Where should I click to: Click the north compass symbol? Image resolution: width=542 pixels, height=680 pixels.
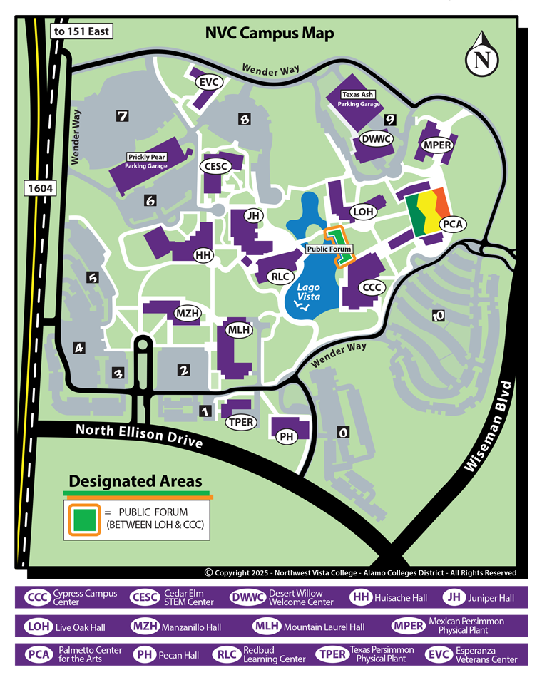pos(482,57)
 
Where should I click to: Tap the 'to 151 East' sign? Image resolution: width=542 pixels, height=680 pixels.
pos(81,31)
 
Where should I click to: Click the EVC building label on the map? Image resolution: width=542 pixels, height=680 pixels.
pos(209,83)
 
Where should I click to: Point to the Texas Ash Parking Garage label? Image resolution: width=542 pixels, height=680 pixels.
pos(359,99)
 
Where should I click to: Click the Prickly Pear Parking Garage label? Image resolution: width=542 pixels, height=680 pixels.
pos(146,161)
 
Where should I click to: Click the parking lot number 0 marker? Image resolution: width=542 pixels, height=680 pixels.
pos(343,432)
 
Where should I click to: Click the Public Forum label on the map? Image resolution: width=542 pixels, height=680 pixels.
pos(329,249)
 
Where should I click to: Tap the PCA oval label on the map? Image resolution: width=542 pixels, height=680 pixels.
pos(452,224)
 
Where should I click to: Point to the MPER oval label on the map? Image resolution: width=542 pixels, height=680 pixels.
pos(437,145)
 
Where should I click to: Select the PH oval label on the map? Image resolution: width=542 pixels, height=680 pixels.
pos(287,437)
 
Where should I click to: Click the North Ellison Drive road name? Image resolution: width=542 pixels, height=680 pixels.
pos(139,436)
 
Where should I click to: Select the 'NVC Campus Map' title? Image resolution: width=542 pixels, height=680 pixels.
pos(270,34)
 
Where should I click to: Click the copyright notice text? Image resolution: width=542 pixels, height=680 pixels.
pos(360,572)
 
